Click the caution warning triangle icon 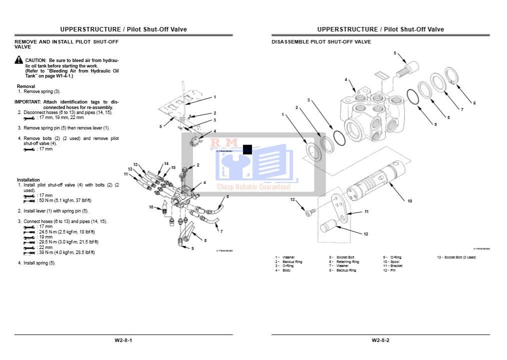(19, 60)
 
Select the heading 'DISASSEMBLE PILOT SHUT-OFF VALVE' (321, 42)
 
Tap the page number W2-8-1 (123, 340)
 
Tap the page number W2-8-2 (380, 340)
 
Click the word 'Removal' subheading (26, 86)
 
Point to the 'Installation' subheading (28, 180)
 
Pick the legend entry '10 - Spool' (391, 261)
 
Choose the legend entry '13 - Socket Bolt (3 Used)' (456, 257)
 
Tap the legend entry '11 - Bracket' (392, 266)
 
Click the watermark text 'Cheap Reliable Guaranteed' (253, 187)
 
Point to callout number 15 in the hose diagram (173, 167)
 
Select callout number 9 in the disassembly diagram (435, 124)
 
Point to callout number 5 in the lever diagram (160, 126)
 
